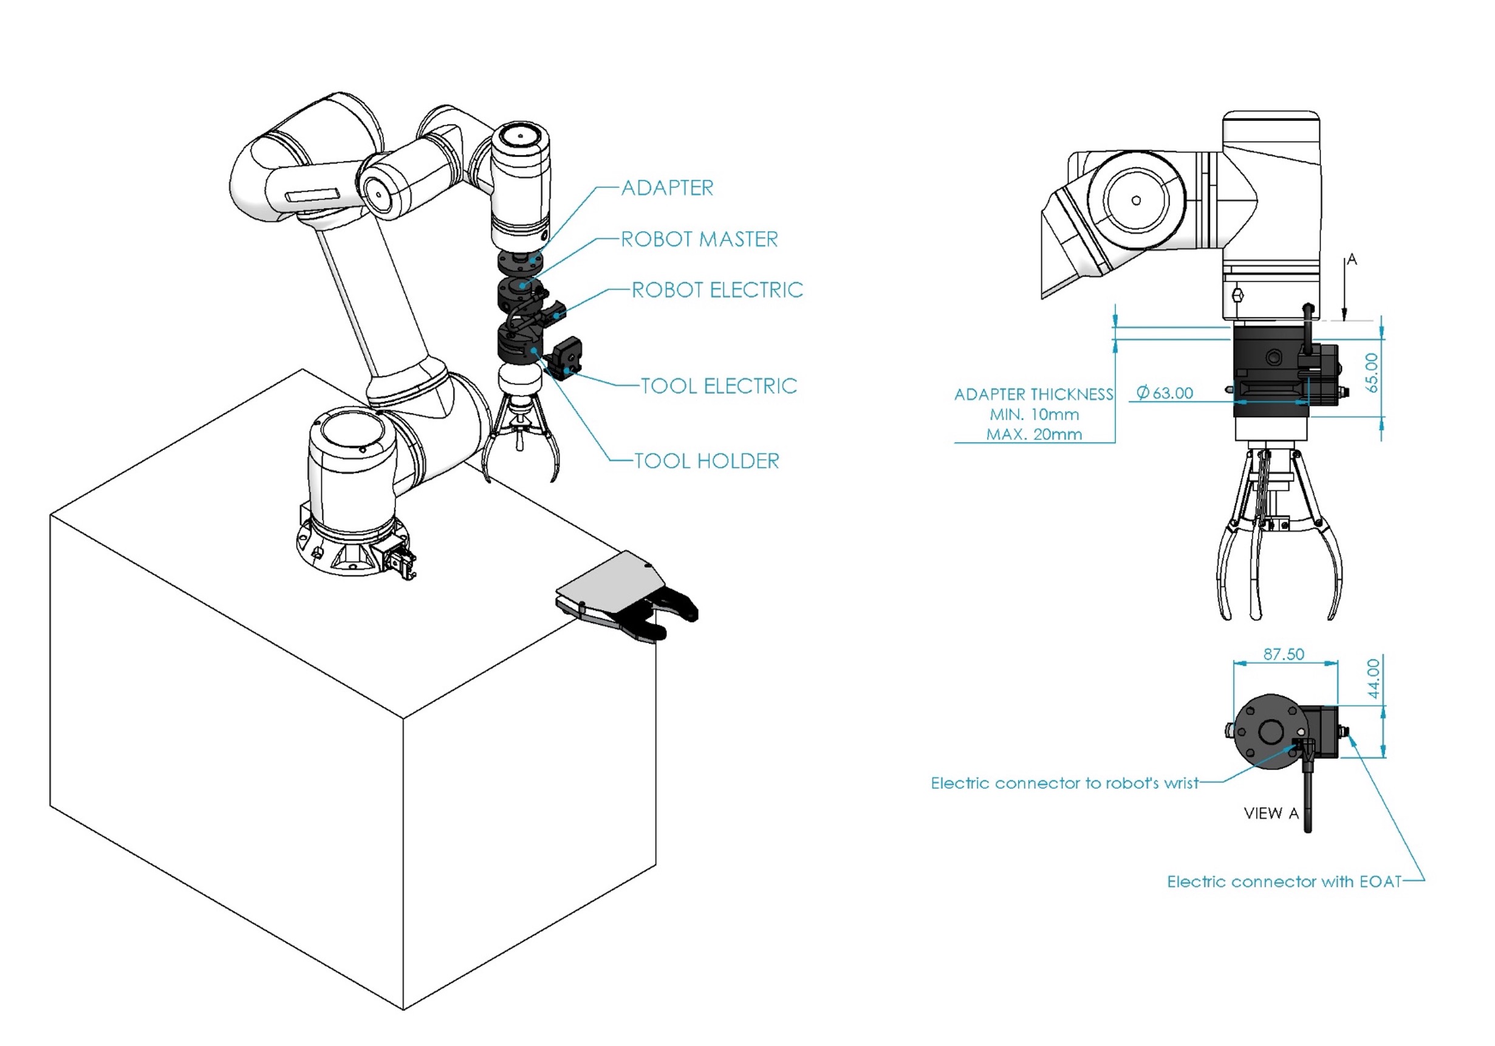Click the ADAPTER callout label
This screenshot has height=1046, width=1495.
click(x=667, y=188)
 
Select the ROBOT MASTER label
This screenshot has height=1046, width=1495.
click(x=699, y=239)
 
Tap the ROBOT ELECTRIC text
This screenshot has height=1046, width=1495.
click(x=717, y=290)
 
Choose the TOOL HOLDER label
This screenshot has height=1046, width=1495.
click(x=706, y=461)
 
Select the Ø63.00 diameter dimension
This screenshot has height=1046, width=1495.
click(x=1165, y=392)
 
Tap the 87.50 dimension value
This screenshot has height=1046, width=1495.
click(x=1284, y=654)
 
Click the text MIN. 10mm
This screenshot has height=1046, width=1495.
click(x=1034, y=415)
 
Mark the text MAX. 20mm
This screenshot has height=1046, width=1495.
click(x=1034, y=434)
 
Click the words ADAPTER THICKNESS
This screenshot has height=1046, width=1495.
click(x=1033, y=394)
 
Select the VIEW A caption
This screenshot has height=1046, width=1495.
click(x=1270, y=813)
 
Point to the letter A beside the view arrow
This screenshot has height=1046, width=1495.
click(x=1352, y=260)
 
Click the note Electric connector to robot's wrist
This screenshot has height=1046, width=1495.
click(x=1064, y=783)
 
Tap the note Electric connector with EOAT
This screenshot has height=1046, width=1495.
click(x=1284, y=881)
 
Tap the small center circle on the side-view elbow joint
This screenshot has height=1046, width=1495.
click(x=1136, y=200)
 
